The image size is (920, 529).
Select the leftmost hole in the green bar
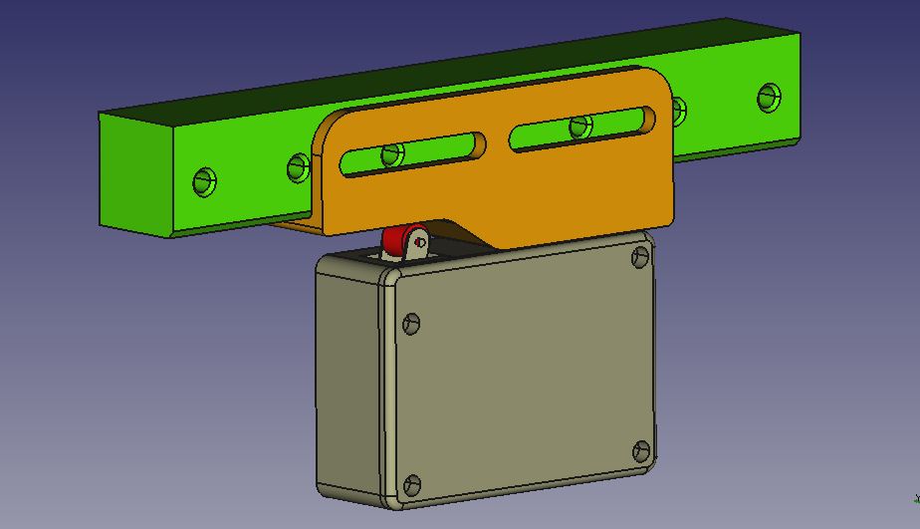coord(205,181)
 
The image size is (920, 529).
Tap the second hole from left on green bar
coord(299,166)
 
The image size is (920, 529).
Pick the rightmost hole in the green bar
coord(769,97)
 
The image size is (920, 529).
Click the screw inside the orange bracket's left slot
coord(392,154)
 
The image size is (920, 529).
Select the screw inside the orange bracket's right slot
coord(579,127)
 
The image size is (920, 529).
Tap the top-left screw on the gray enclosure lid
coord(410,323)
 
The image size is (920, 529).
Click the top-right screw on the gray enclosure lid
coord(640,258)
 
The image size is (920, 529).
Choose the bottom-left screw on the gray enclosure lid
coord(412,486)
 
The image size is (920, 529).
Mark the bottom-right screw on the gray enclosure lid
coord(642,450)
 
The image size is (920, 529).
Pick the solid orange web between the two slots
coord(497,140)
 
